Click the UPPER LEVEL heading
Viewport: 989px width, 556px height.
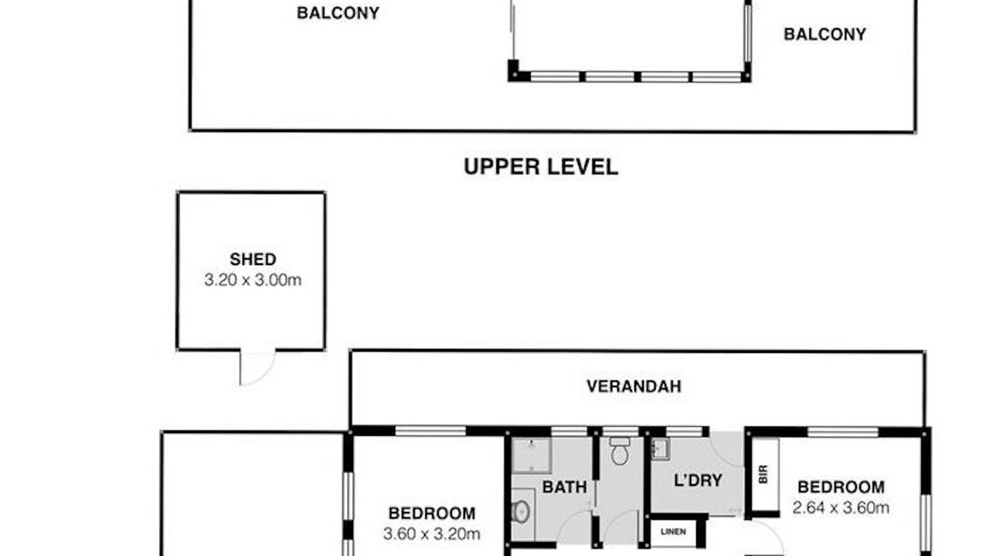pos(540,167)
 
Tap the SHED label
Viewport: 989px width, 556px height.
pos(253,259)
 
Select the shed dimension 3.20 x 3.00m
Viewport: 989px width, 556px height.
pos(253,280)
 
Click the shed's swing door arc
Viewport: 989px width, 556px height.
pos(263,375)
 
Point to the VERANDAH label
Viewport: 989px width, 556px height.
pos(634,387)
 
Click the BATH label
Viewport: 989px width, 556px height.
pos(564,487)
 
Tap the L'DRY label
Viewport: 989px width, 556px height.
pos(698,480)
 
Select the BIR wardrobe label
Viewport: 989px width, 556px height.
pos(763,474)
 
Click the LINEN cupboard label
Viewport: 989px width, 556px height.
pos(673,532)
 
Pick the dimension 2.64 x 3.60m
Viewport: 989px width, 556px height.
pos(841,508)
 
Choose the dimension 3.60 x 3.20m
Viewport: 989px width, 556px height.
pos(431,534)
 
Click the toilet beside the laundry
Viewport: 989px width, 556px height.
pos(620,451)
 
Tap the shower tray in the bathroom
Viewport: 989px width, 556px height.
pos(532,456)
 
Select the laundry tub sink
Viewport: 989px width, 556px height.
pos(661,449)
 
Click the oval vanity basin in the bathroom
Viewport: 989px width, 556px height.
pos(521,512)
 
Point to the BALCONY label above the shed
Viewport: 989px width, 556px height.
pos(338,13)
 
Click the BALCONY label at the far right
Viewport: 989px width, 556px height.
pos(824,35)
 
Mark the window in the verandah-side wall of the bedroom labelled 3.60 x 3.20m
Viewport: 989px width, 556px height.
pos(430,431)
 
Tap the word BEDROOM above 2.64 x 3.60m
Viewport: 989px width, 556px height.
pos(841,487)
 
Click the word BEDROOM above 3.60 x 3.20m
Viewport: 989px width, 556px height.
pos(432,514)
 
